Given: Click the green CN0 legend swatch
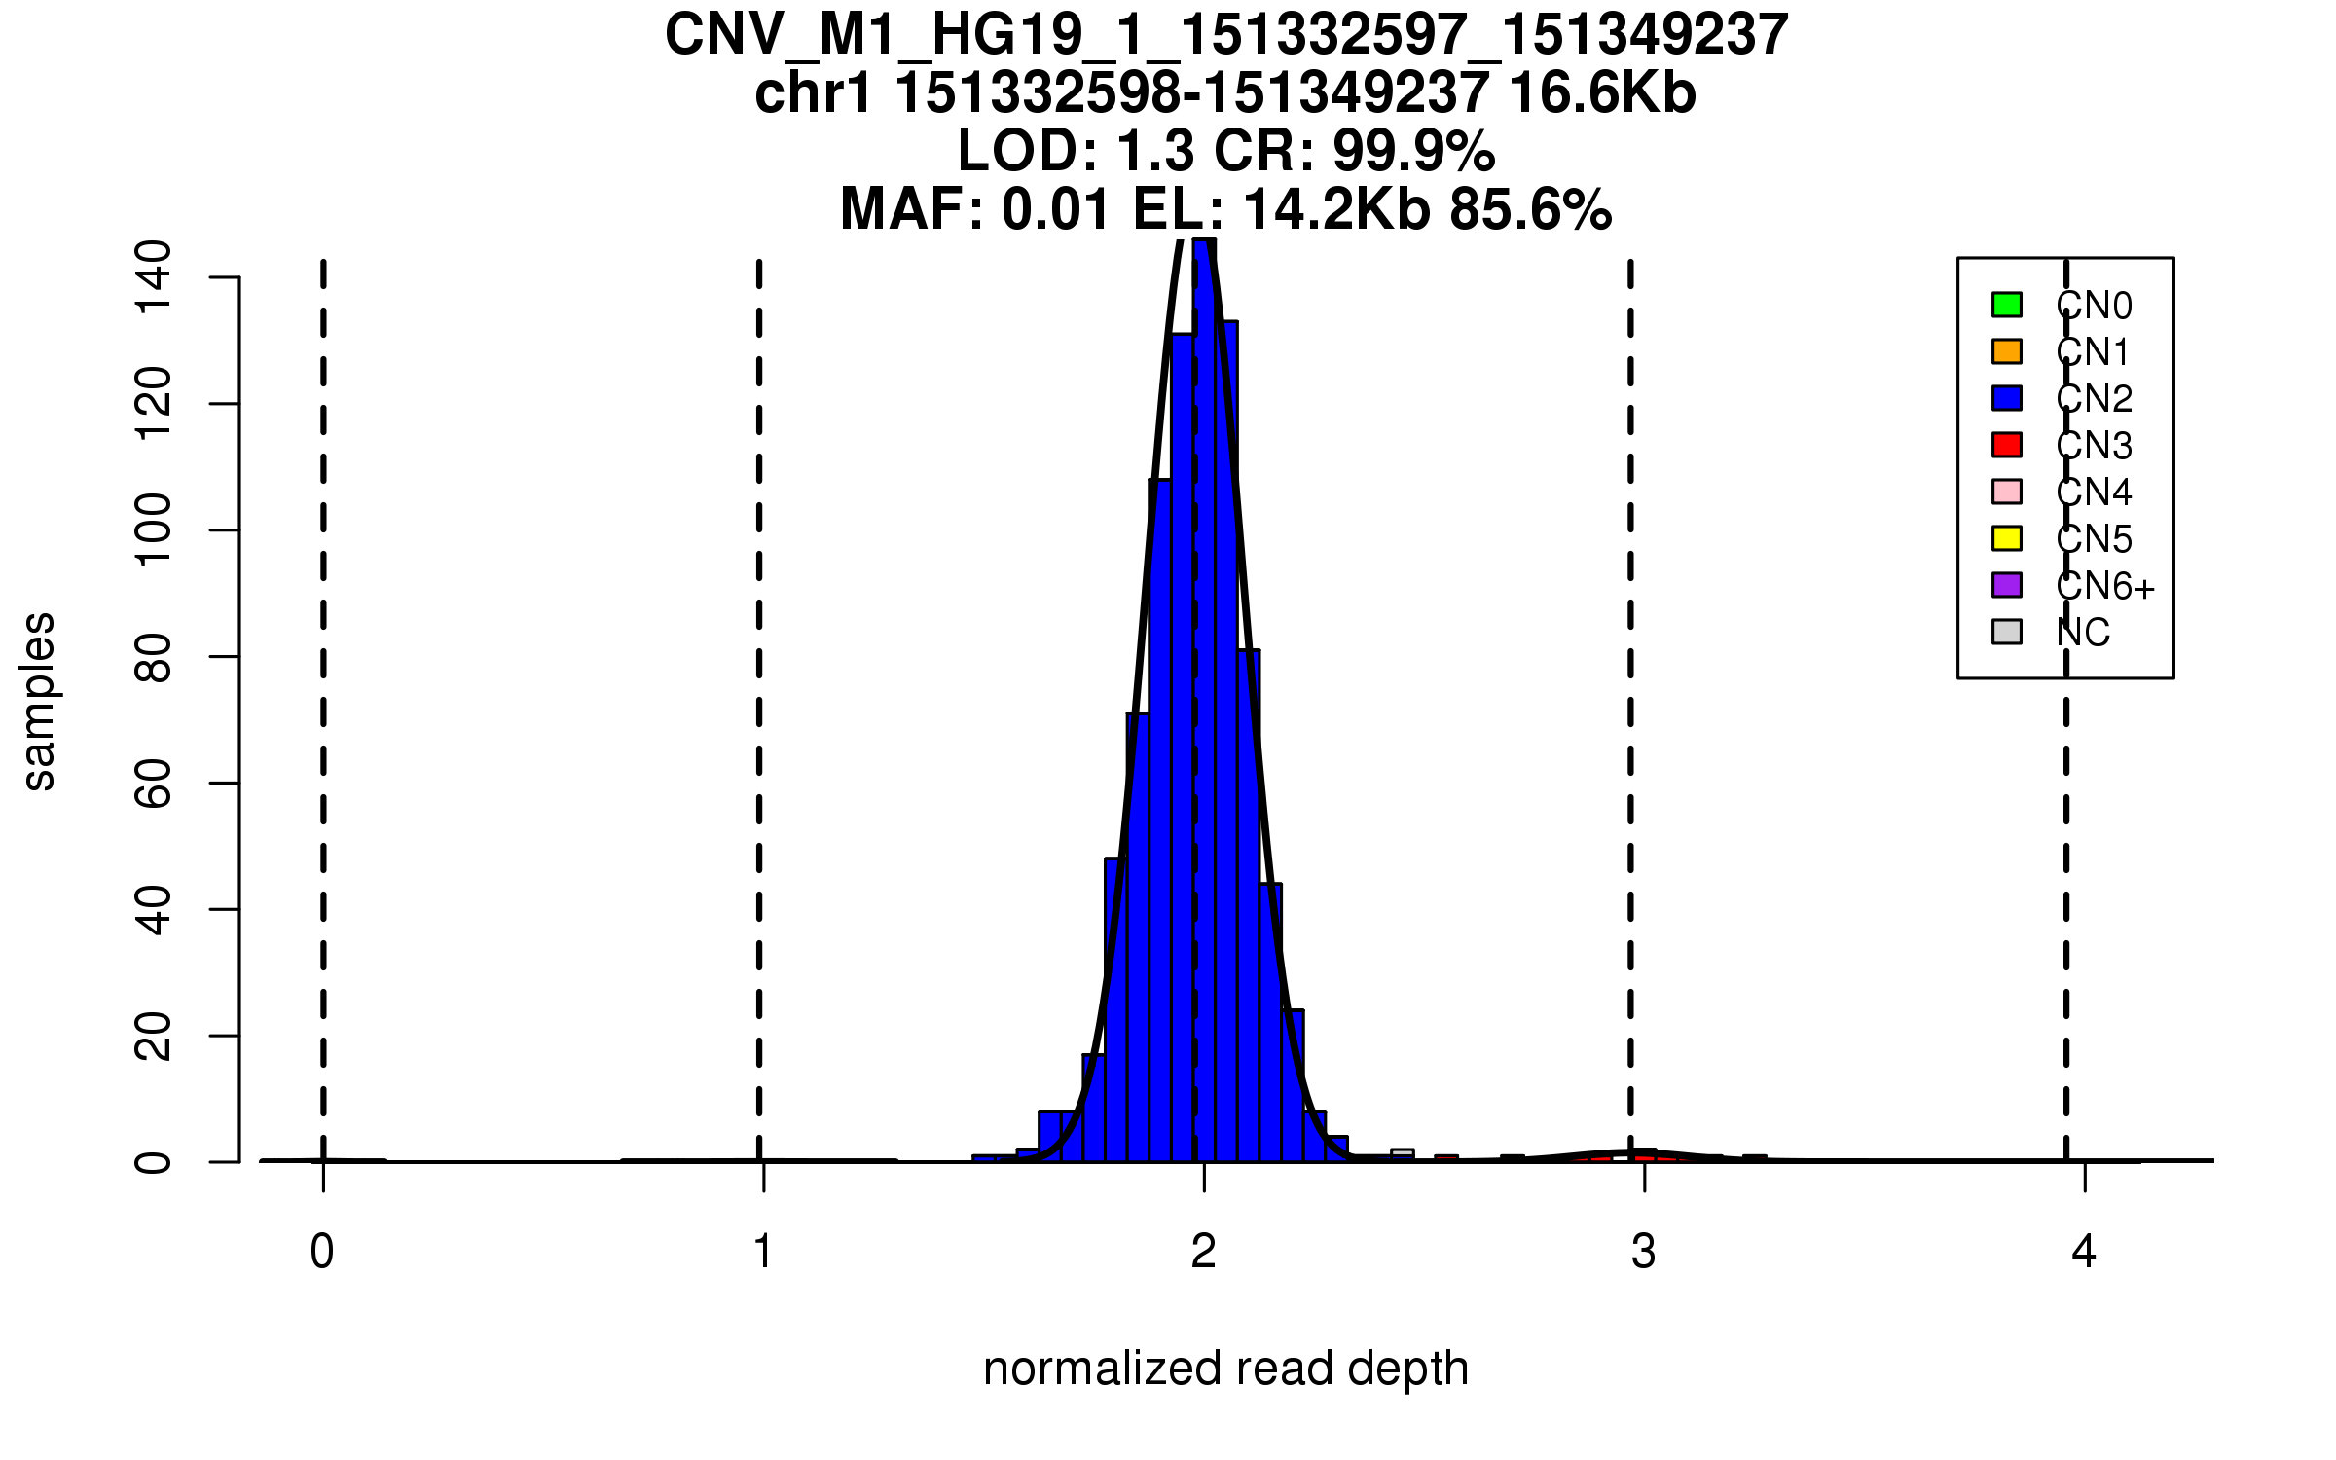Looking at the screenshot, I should click(2007, 305).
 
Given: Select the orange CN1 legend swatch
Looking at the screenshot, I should click(2007, 351).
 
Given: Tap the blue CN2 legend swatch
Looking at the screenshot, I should click(2007, 398).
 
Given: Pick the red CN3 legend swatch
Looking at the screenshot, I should click(2007, 445).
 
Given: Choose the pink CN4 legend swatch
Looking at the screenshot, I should click(2007, 492).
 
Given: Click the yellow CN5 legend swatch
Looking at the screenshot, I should click(2007, 538).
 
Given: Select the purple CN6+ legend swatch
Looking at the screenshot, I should click(2007, 585).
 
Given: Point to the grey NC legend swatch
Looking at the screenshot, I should click(2007, 632).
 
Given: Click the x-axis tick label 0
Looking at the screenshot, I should click(322, 1252).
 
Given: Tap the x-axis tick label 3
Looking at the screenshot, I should click(1644, 1252).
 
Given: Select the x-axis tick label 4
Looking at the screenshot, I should click(2084, 1252).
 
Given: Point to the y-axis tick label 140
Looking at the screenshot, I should click(154, 277).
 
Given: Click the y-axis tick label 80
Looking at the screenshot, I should click(154, 657).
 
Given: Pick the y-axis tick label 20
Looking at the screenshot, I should click(154, 1036).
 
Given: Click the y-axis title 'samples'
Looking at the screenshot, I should click(39, 701).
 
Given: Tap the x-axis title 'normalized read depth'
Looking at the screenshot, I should click(1225, 1369).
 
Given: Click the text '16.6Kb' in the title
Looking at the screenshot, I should click(1602, 94).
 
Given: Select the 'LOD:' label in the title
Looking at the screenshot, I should click(1028, 152).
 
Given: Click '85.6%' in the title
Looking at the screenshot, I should click(1530, 210).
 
